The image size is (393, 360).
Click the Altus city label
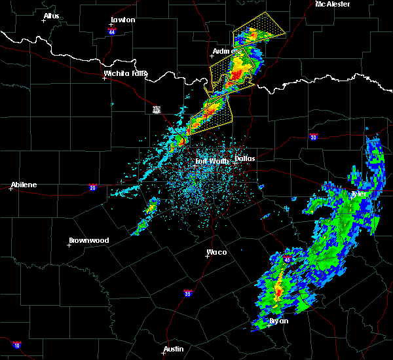tap(51, 16)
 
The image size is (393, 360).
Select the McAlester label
tap(333, 5)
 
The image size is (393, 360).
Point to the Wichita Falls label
tap(126, 73)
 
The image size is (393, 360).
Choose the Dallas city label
tap(246, 158)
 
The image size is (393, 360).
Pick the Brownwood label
tap(88, 240)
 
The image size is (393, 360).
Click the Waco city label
tap(217, 252)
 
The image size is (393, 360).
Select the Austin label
tap(174, 349)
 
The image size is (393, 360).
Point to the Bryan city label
tap(280, 321)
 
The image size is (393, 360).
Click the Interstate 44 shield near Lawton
tap(112, 31)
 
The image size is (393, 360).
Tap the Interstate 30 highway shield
tap(312, 136)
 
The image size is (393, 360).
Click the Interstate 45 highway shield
tap(286, 260)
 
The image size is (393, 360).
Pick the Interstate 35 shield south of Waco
tap(188, 293)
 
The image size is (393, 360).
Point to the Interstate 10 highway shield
tap(16, 345)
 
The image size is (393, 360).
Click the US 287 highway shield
tap(157, 109)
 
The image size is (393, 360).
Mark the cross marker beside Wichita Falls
tap(105, 79)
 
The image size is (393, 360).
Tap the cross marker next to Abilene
tap(11, 189)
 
